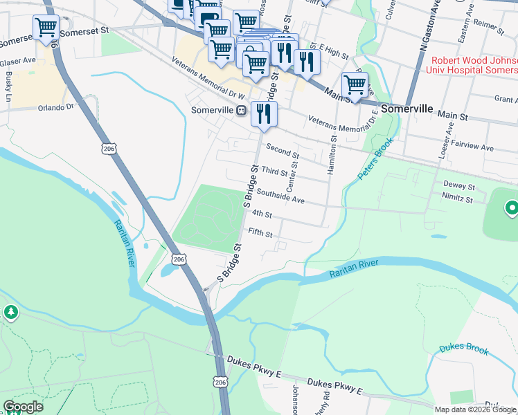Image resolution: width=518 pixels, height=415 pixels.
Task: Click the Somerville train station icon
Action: click(242, 111)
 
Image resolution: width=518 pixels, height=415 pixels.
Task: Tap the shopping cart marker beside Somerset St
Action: click(46, 28)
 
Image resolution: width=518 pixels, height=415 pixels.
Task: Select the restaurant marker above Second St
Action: click(264, 113)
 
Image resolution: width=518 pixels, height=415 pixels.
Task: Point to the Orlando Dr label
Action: click(56, 107)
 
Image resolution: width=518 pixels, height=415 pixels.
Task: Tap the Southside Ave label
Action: click(280, 199)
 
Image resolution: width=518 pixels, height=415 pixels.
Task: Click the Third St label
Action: click(274, 171)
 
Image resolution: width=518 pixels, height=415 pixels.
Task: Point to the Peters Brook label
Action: click(375, 160)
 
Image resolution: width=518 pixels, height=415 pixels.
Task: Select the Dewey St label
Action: click(458, 186)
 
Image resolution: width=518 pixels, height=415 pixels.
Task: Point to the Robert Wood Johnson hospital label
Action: click(474, 66)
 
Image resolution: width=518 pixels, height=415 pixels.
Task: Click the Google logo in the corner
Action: click(23, 407)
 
